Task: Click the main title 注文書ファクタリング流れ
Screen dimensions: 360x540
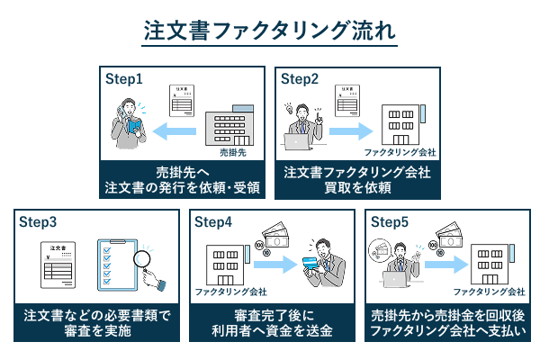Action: (x=270, y=29)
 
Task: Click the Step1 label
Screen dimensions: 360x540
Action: (x=125, y=78)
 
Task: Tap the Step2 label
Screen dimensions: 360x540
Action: (x=301, y=78)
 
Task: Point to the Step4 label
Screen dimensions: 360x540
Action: (x=213, y=221)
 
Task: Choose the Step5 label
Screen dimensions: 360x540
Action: (x=390, y=221)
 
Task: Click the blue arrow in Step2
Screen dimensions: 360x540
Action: (x=348, y=133)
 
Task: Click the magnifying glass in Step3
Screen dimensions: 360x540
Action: (x=143, y=262)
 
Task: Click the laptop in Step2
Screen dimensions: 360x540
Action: (x=296, y=142)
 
